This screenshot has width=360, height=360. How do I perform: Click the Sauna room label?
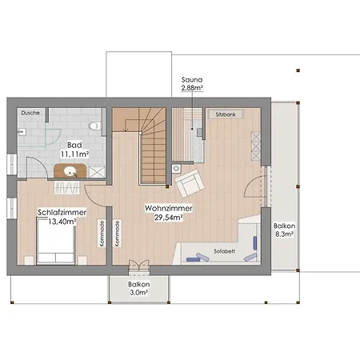pyautogui.click(x=192, y=79)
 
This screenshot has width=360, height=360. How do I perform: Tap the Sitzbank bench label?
pyautogui.click(x=226, y=114)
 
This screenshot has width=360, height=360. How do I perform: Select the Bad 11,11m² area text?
pyautogui.click(x=74, y=150)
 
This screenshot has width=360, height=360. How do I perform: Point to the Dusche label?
pyautogui.click(x=30, y=113)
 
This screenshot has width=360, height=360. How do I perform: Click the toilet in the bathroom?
pyautogui.click(x=94, y=126)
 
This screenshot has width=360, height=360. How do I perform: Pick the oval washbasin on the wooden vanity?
pyautogui.click(x=70, y=171)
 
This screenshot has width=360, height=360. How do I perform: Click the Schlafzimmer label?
pyautogui.click(x=62, y=213)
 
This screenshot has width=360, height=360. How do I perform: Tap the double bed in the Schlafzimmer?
pyautogui.click(x=55, y=241)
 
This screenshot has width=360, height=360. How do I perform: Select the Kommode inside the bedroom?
pyautogui.click(x=102, y=234)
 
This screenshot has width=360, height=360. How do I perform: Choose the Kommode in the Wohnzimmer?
pyautogui.click(x=117, y=234)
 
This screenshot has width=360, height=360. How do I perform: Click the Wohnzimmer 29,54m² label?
pyautogui.click(x=169, y=213)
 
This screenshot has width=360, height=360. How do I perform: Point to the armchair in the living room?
pyautogui.click(x=190, y=183)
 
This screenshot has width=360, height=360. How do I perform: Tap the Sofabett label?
pyautogui.click(x=224, y=251)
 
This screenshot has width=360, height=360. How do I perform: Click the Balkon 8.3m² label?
pyautogui.click(x=284, y=230)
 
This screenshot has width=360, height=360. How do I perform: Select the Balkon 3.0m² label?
pyautogui.click(x=138, y=288)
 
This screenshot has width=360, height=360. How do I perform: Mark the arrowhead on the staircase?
pyautogui.click(x=125, y=130)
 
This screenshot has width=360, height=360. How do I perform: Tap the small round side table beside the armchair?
pyautogui.click(x=176, y=169)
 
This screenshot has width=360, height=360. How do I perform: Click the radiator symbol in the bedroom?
pyautogui.click(x=67, y=188)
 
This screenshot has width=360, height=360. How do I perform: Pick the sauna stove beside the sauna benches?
pyautogui.click(x=199, y=132)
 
